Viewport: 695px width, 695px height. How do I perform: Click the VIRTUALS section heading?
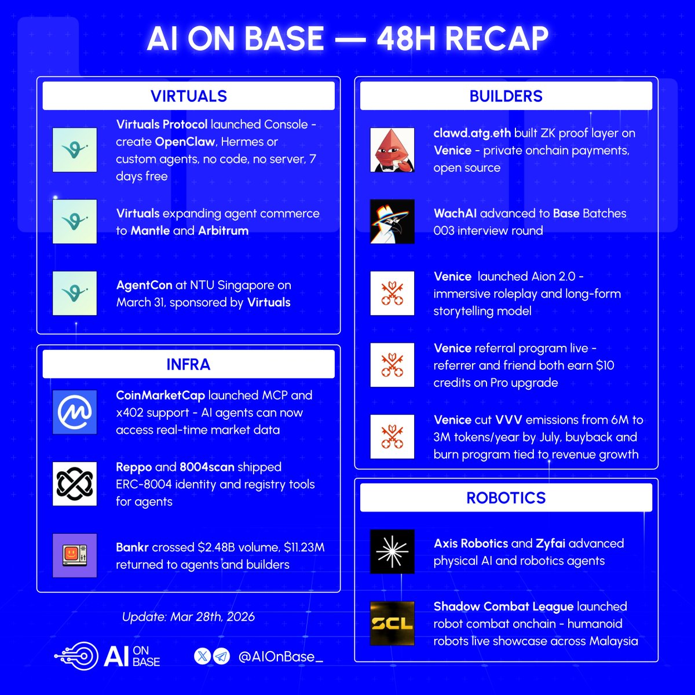(188, 96)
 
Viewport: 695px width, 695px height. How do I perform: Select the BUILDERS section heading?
(506, 96)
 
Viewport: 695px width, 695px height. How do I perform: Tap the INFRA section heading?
(188, 364)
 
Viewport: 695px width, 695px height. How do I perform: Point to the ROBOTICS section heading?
(506, 498)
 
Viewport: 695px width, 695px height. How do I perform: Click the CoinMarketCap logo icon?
(74, 412)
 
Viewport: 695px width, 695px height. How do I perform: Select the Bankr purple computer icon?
(74, 555)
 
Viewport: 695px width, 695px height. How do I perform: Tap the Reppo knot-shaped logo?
(74, 484)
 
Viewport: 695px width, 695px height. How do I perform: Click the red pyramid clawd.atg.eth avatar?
(392, 150)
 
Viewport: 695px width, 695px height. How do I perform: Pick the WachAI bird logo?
(392, 222)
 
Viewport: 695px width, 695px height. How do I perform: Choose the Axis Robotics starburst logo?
(392, 551)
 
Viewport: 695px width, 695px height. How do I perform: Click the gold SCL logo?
(392, 623)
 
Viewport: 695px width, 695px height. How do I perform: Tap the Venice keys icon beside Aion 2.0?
(392, 294)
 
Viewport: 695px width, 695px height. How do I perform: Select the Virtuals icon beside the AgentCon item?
(74, 294)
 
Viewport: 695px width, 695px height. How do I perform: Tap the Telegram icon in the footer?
(221, 656)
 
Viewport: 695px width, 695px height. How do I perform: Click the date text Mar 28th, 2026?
(212, 616)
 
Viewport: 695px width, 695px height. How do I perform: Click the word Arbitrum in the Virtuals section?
(223, 231)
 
